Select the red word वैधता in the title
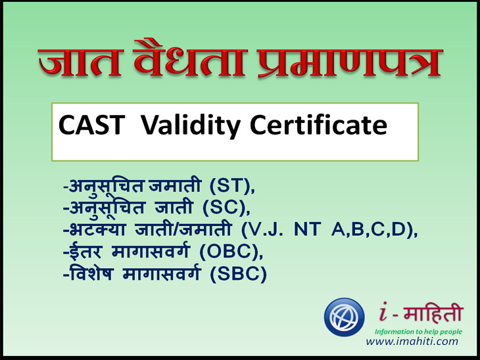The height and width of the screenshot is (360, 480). coord(189,58)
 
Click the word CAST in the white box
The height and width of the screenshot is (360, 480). coord(92,125)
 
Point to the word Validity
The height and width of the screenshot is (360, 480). coord(191,126)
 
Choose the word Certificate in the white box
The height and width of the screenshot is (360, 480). coord(318,125)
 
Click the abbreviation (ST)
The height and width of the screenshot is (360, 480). coord(232,186)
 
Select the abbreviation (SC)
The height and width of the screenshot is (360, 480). coord(226,208)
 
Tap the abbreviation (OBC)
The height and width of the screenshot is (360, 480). coord(231,252)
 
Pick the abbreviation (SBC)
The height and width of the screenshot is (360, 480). coord(239,274)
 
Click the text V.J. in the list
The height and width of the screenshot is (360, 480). coord(266,230)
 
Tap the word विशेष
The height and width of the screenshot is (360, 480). coord(91,273)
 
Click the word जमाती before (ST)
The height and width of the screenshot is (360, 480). coord(174,185)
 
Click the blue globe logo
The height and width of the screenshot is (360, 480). coord(345,317)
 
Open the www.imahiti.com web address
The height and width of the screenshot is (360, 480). coord(412,341)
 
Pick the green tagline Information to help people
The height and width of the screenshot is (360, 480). coord(418,332)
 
